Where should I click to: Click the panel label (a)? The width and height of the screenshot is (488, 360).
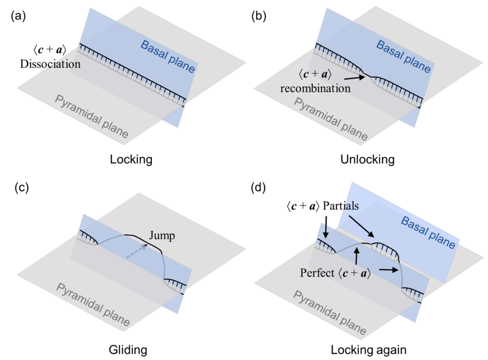(x=18, y=17)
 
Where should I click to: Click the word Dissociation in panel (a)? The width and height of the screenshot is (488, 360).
(x=50, y=64)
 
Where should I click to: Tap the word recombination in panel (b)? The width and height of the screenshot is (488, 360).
(x=315, y=88)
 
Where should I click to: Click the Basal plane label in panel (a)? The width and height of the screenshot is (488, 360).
(x=168, y=57)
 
